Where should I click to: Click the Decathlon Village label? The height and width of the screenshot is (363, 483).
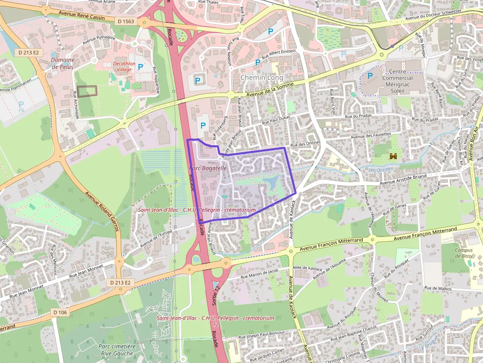tap(116, 66)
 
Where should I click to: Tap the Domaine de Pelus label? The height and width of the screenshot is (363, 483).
tap(63, 63)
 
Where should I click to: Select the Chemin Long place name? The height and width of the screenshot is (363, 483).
tap(261, 78)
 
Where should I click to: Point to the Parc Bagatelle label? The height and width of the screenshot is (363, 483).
tap(207, 168)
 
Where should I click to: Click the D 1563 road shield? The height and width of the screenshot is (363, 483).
tap(126, 21)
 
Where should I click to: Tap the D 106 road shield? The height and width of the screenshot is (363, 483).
tap(60, 312)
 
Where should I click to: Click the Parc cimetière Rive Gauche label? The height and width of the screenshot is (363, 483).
tap(116, 350)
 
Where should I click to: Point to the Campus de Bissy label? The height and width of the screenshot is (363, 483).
tap(463, 253)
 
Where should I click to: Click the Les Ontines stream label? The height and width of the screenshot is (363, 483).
tap(381, 169)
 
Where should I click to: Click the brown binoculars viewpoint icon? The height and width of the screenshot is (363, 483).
tap(393, 156)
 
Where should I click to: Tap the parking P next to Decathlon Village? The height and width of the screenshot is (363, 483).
tap(140, 66)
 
